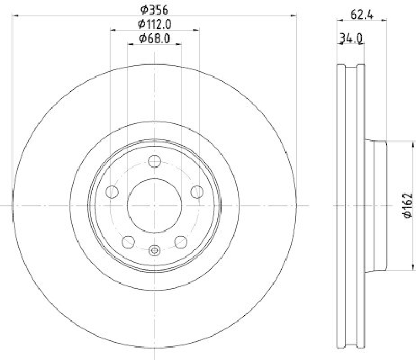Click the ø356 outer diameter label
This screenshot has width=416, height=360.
154,9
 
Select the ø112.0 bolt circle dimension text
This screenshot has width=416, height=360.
154,23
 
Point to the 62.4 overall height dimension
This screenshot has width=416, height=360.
362,14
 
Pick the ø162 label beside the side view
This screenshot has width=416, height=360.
408,205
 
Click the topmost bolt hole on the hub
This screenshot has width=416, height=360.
154,161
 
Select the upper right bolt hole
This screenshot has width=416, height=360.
197,192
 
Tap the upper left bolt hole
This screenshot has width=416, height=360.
112,192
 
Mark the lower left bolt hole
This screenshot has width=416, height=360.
128,241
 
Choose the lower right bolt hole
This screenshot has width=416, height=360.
180,241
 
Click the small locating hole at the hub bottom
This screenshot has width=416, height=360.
154,251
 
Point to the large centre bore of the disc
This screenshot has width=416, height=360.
154,206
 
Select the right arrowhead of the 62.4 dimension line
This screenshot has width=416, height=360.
385,21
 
